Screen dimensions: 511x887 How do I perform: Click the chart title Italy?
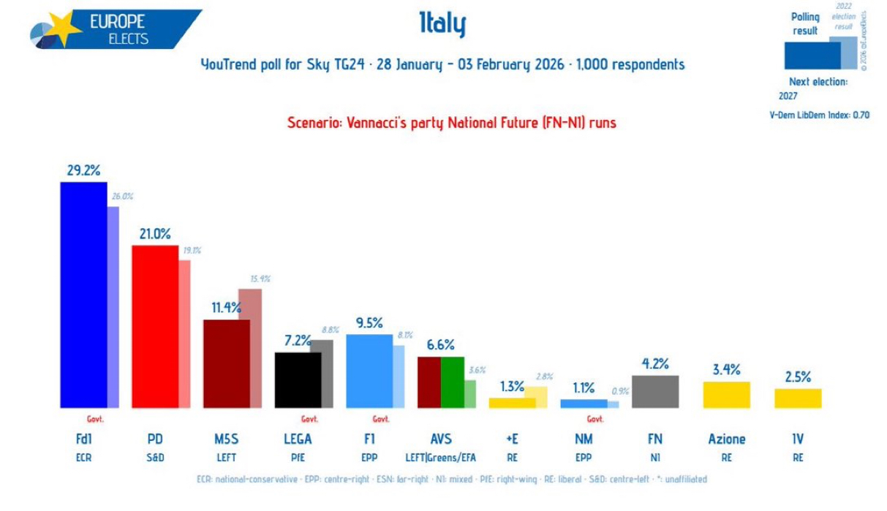[x=442, y=25]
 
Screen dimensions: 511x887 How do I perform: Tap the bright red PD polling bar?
[x=155, y=326]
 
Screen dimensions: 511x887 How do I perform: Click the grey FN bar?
[x=655, y=391]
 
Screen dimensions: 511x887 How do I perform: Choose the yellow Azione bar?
[x=726, y=395]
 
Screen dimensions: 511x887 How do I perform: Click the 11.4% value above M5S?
[x=226, y=308]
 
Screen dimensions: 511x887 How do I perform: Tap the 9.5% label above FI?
[x=369, y=322]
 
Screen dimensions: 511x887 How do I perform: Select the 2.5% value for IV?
[x=798, y=377]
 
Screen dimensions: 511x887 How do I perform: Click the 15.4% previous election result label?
[x=260, y=279]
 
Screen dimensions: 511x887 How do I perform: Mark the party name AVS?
[x=441, y=439]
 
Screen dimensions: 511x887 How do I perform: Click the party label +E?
[x=512, y=439]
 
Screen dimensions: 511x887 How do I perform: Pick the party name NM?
[x=584, y=439]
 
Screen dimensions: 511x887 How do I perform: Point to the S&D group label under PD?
[x=155, y=458]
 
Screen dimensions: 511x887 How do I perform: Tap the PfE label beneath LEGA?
[x=298, y=458]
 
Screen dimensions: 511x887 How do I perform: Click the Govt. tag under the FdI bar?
[x=96, y=420]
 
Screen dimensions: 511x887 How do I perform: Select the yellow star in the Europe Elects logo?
[x=65, y=29]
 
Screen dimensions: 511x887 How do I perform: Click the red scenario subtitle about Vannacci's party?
[x=451, y=123]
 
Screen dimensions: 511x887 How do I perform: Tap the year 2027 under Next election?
[x=788, y=96]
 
